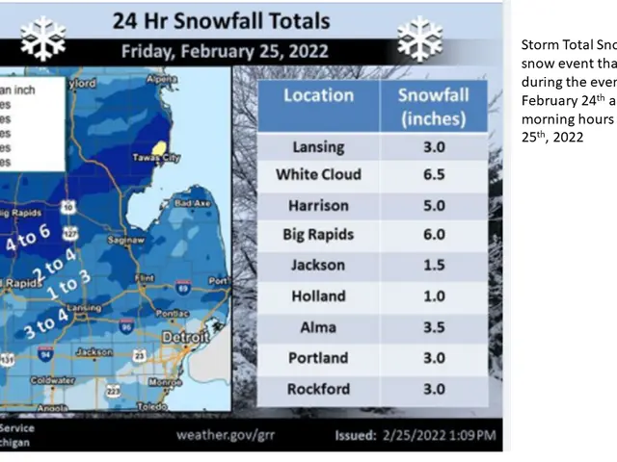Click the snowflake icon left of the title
point(42,38)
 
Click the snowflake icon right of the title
point(419,38)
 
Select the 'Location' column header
point(318,95)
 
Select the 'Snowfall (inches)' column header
point(432,106)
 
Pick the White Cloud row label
point(318,174)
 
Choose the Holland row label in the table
point(318,296)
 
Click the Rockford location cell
point(318,388)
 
